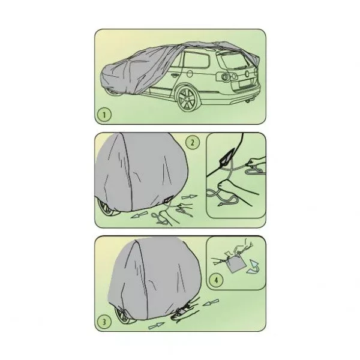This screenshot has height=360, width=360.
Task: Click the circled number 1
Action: click(104, 115)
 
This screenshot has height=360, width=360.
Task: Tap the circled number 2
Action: click(193, 142)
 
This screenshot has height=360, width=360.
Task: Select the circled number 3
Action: click(104, 322)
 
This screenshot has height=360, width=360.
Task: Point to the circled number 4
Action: click(216, 280)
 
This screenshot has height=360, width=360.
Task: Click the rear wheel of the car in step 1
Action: click(187, 99)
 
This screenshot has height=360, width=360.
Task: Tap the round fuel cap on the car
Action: click(190, 73)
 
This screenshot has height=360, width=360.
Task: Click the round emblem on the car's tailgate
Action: click(247, 73)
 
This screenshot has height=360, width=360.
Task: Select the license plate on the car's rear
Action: click(245, 83)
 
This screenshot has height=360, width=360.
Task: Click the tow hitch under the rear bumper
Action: click(248, 101)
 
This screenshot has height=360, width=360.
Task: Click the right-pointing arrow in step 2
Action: click(189, 197)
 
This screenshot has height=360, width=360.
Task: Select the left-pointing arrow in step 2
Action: click(139, 215)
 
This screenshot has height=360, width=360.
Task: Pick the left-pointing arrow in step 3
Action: click(211, 302)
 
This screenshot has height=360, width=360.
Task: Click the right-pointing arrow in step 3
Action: click(157, 326)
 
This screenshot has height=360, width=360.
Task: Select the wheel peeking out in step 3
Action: click(124, 314)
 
